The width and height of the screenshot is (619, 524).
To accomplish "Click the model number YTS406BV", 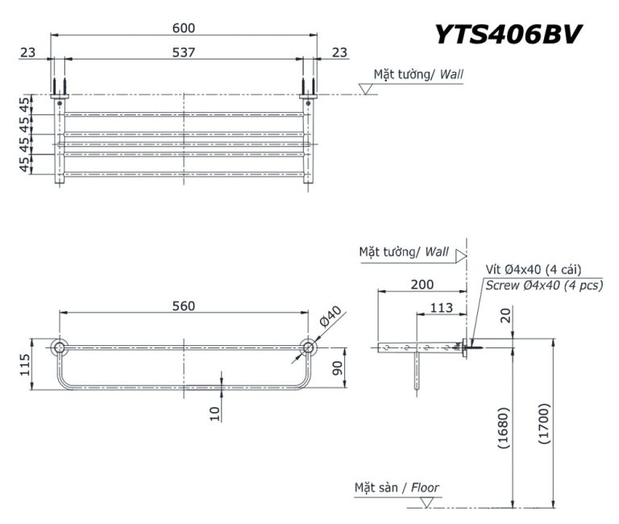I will [508, 33].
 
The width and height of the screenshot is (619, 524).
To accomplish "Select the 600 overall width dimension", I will [184, 28].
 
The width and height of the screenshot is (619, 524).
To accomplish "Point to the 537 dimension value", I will [184, 52].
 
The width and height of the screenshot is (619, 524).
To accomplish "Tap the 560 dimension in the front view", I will [183, 306].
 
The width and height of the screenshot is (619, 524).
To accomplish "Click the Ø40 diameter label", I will [330, 317].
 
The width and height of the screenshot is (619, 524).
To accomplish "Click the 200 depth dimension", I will [422, 284].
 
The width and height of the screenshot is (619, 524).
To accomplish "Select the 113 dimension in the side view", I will [441, 306].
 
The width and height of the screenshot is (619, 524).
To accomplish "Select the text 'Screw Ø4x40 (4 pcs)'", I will [543, 285].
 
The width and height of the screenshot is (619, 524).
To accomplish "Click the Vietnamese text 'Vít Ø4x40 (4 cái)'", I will [534, 269].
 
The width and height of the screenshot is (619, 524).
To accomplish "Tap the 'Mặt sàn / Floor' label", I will [397, 487].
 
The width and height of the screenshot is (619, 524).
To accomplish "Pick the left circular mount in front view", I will [59, 347].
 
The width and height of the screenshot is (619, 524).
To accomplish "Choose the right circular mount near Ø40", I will [307, 347].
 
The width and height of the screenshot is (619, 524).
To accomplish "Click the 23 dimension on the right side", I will [339, 52].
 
